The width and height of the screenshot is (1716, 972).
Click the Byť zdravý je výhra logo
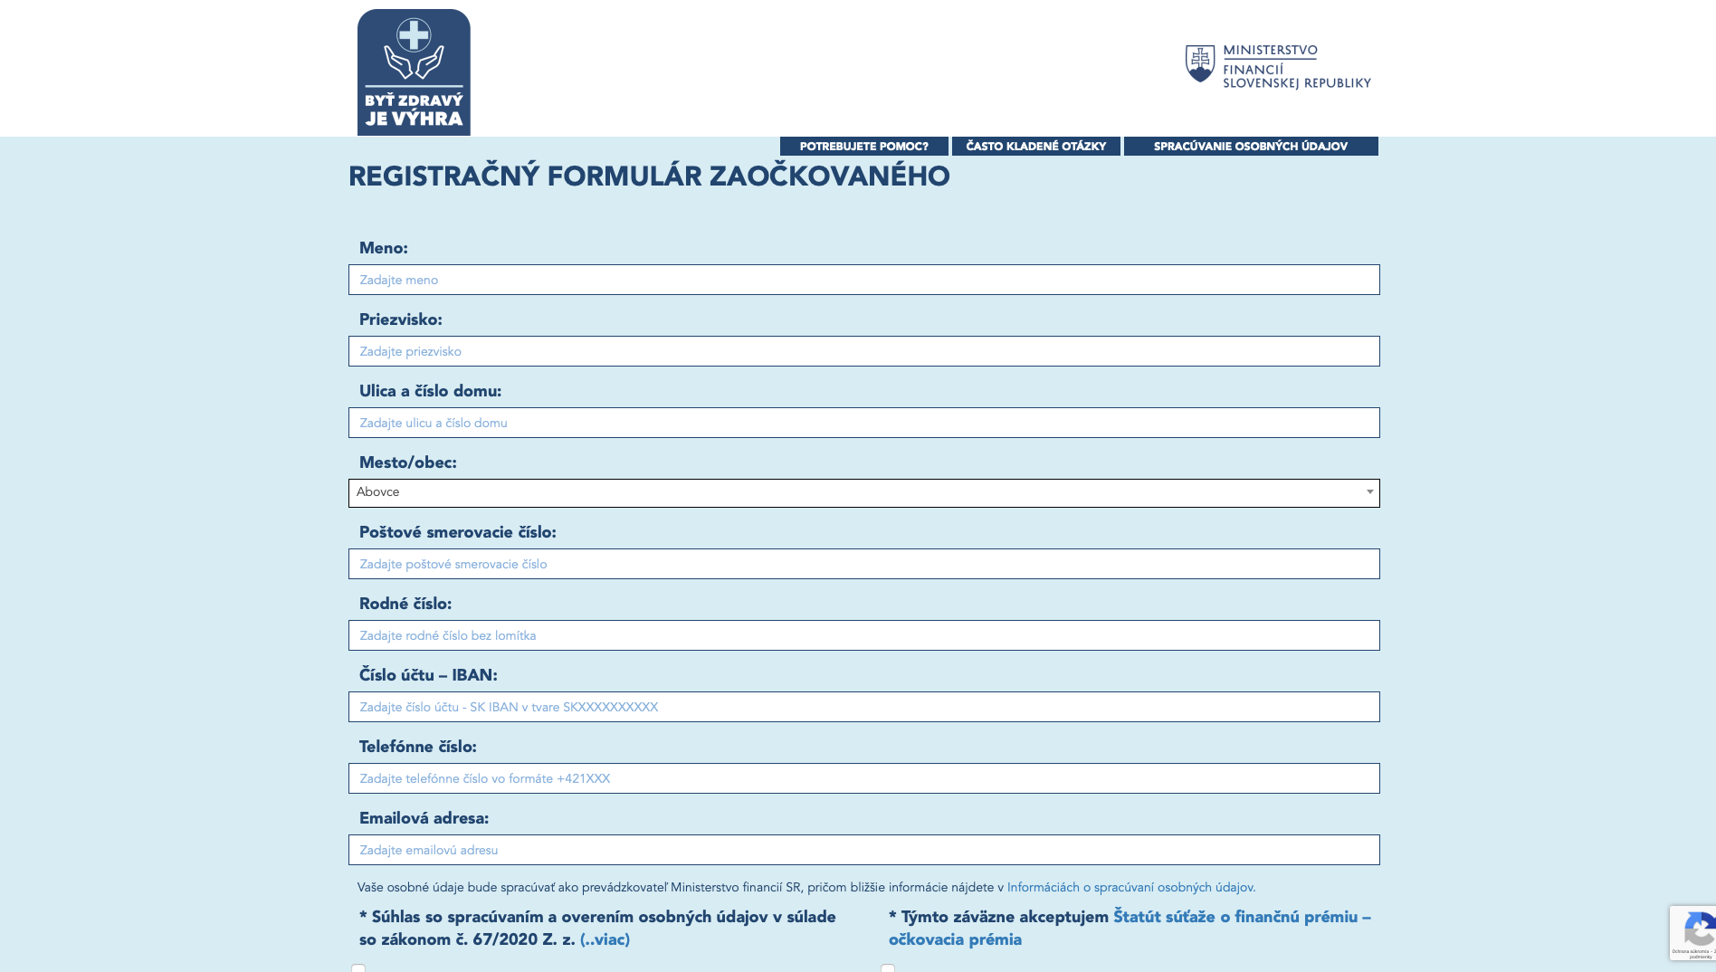pos(414,72)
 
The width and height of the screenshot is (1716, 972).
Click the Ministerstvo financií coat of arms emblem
pos(1200,63)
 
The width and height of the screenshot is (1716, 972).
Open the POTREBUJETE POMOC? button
pos(863,147)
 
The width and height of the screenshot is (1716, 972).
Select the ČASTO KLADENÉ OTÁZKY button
pos(1035,147)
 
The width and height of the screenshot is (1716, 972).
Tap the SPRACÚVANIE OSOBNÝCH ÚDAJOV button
pos(1250,147)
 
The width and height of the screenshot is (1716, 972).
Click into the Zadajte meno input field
pos(863,280)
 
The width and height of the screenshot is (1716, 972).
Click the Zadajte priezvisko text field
pos(863,351)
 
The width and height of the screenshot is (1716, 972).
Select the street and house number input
pos(863,423)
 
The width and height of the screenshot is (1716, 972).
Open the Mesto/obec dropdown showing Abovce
pos(851,493)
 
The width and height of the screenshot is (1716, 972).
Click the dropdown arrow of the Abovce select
pos(1369,492)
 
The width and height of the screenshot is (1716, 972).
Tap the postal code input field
pos(863,564)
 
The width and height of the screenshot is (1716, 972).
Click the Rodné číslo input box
pos(863,635)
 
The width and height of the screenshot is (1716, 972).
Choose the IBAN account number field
pos(863,707)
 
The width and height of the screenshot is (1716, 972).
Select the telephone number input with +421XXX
pos(863,778)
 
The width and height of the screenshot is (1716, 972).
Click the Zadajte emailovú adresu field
pos(863,850)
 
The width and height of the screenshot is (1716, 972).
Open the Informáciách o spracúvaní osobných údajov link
pos(1130,888)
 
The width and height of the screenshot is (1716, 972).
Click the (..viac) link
pos(605,939)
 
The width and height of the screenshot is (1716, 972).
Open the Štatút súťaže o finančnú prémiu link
pos(1241,917)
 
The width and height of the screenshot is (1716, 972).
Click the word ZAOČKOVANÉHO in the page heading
pos(829,176)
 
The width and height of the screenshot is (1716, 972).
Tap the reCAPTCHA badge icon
pos(1698,929)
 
